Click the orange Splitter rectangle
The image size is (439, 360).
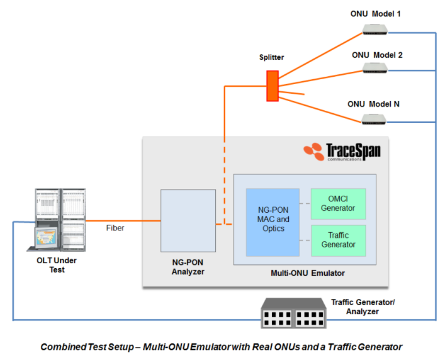(x=272, y=86)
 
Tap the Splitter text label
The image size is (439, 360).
(x=271, y=57)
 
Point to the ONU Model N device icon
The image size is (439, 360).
(x=374, y=118)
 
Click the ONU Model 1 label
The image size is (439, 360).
(x=375, y=14)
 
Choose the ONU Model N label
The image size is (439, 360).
(x=373, y=104)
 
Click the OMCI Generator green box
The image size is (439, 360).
(x=338, y=204)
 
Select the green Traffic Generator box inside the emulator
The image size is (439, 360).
(x=338, y=240)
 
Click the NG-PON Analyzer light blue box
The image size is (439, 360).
(x=188, y=221)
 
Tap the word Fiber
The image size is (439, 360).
(x=115, y=227)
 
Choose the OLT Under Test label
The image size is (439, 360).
(x=57, y=265)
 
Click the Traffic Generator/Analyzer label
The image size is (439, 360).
(x=363, y=307)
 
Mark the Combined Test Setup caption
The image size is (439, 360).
(x=221, y=347)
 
